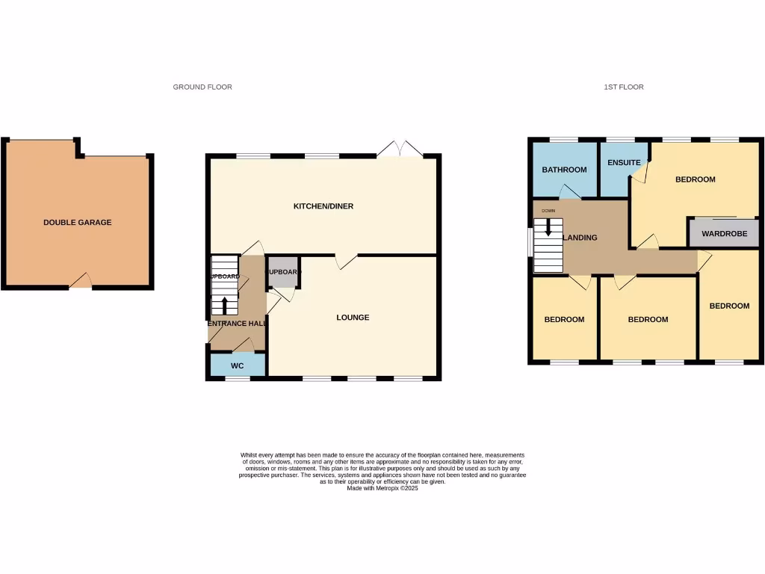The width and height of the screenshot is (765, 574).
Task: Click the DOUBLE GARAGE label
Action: coord(78,222)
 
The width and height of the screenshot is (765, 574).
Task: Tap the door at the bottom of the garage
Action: coord(81,282)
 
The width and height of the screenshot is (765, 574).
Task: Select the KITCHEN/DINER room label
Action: coord(323,206)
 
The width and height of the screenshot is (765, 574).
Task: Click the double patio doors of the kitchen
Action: coord(400,149)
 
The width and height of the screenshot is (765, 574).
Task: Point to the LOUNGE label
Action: coord(353,317)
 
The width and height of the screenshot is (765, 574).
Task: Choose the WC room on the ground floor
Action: coord(238,365)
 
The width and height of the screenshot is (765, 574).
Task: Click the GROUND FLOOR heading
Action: coord(202,87)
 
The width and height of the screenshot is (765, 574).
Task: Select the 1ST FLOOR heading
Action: coord(624,87)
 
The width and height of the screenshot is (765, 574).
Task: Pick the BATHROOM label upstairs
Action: coord(564,170)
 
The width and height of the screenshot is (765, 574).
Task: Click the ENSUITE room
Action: coord(624,163)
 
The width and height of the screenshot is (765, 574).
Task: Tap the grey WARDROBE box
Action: coord(724,233)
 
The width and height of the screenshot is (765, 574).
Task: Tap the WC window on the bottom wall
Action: coord(238,378)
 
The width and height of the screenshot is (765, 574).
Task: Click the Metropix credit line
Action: coord(382,488)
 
